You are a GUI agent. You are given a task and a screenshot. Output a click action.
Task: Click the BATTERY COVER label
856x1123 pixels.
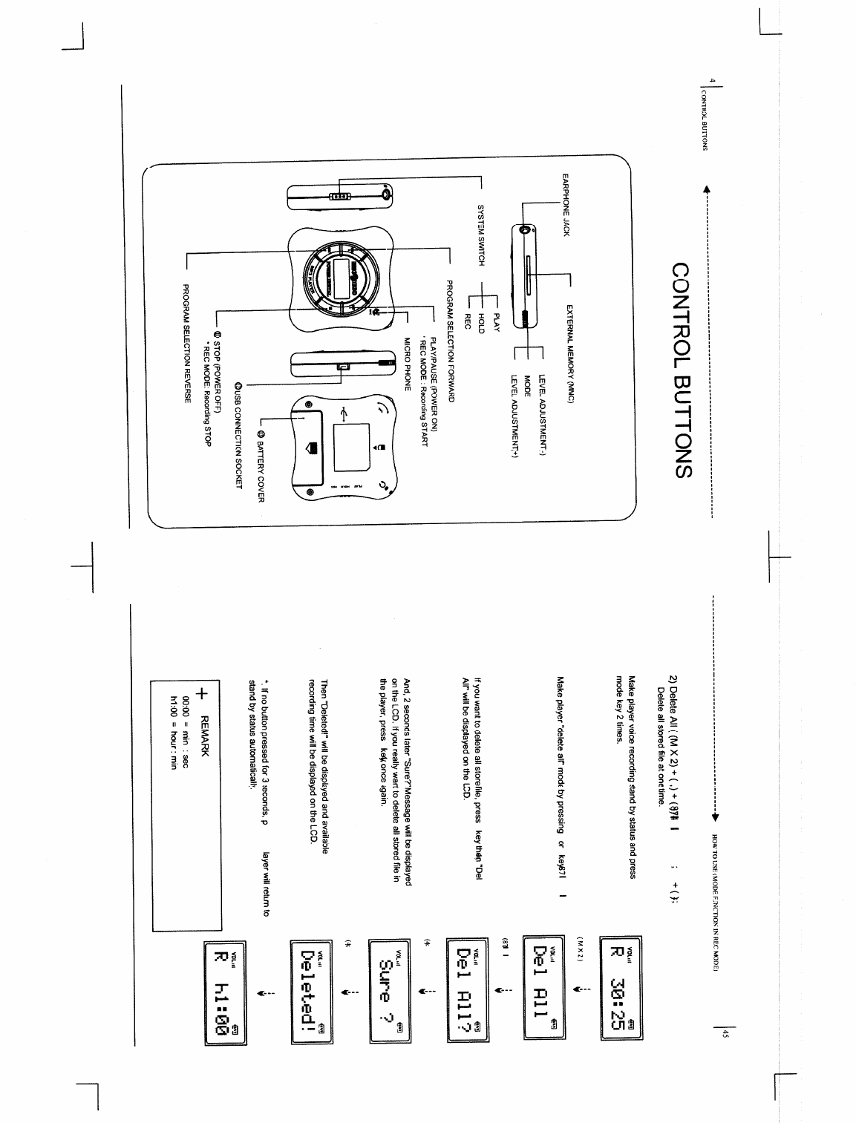pos(261,463)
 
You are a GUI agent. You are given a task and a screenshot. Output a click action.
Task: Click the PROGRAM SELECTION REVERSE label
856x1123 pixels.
pos(188,345)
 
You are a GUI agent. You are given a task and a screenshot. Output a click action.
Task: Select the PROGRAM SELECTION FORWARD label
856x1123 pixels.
pos(450,341)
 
